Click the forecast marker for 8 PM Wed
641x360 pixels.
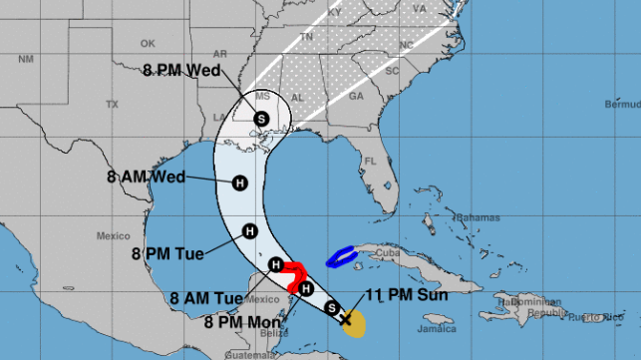pyautogui.click(x=261, y=118)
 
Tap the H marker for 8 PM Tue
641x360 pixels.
pyautogui.click(x=250, y=231)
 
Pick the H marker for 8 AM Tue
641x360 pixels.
pyautogui.click(x=276, y=264)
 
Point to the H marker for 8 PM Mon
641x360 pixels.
pyautogui.click(x=306, y=289)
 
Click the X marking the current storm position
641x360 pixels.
pyautogui.click(x=346, y=319)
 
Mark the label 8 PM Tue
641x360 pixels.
pyautogui.click(x=168, y=253)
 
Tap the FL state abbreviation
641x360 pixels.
pyautogui.click(x=370, y=161)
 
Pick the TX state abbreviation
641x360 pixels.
pyautogui.click(x=112, y=104)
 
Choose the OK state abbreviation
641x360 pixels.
pyautogui.click(x=148, y=43)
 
